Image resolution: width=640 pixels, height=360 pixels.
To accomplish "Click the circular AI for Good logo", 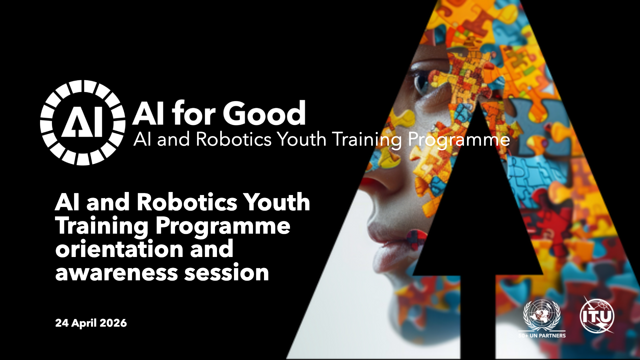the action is pyautogui.click(x=83, y=123).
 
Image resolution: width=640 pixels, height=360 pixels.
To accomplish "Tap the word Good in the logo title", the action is pyautogui.click(x=264, y=113).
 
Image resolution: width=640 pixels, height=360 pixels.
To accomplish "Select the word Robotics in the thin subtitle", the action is pyautogui.click(x=234, y=139).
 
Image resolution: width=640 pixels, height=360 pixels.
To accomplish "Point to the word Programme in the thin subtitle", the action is pyautogui.click(x=459, y=140).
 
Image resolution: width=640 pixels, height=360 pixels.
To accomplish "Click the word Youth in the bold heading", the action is pyautogui.click(x=276, y=202).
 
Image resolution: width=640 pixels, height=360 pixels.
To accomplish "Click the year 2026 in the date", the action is pyautogui.click(x=113, y=323).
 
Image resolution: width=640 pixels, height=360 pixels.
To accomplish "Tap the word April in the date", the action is pyautogui.click(x=84, y=323).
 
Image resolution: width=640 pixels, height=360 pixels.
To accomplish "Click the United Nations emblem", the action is pyautogui.click(x=542, y=315).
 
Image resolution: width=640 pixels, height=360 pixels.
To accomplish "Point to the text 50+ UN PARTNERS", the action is pyautogui.click(x=542, y=335).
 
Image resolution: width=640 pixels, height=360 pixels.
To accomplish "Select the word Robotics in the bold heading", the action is pyautogui.click(x=187, y=202).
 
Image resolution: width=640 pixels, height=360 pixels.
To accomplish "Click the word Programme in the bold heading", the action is pyautogui.click(x=223, y=227).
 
